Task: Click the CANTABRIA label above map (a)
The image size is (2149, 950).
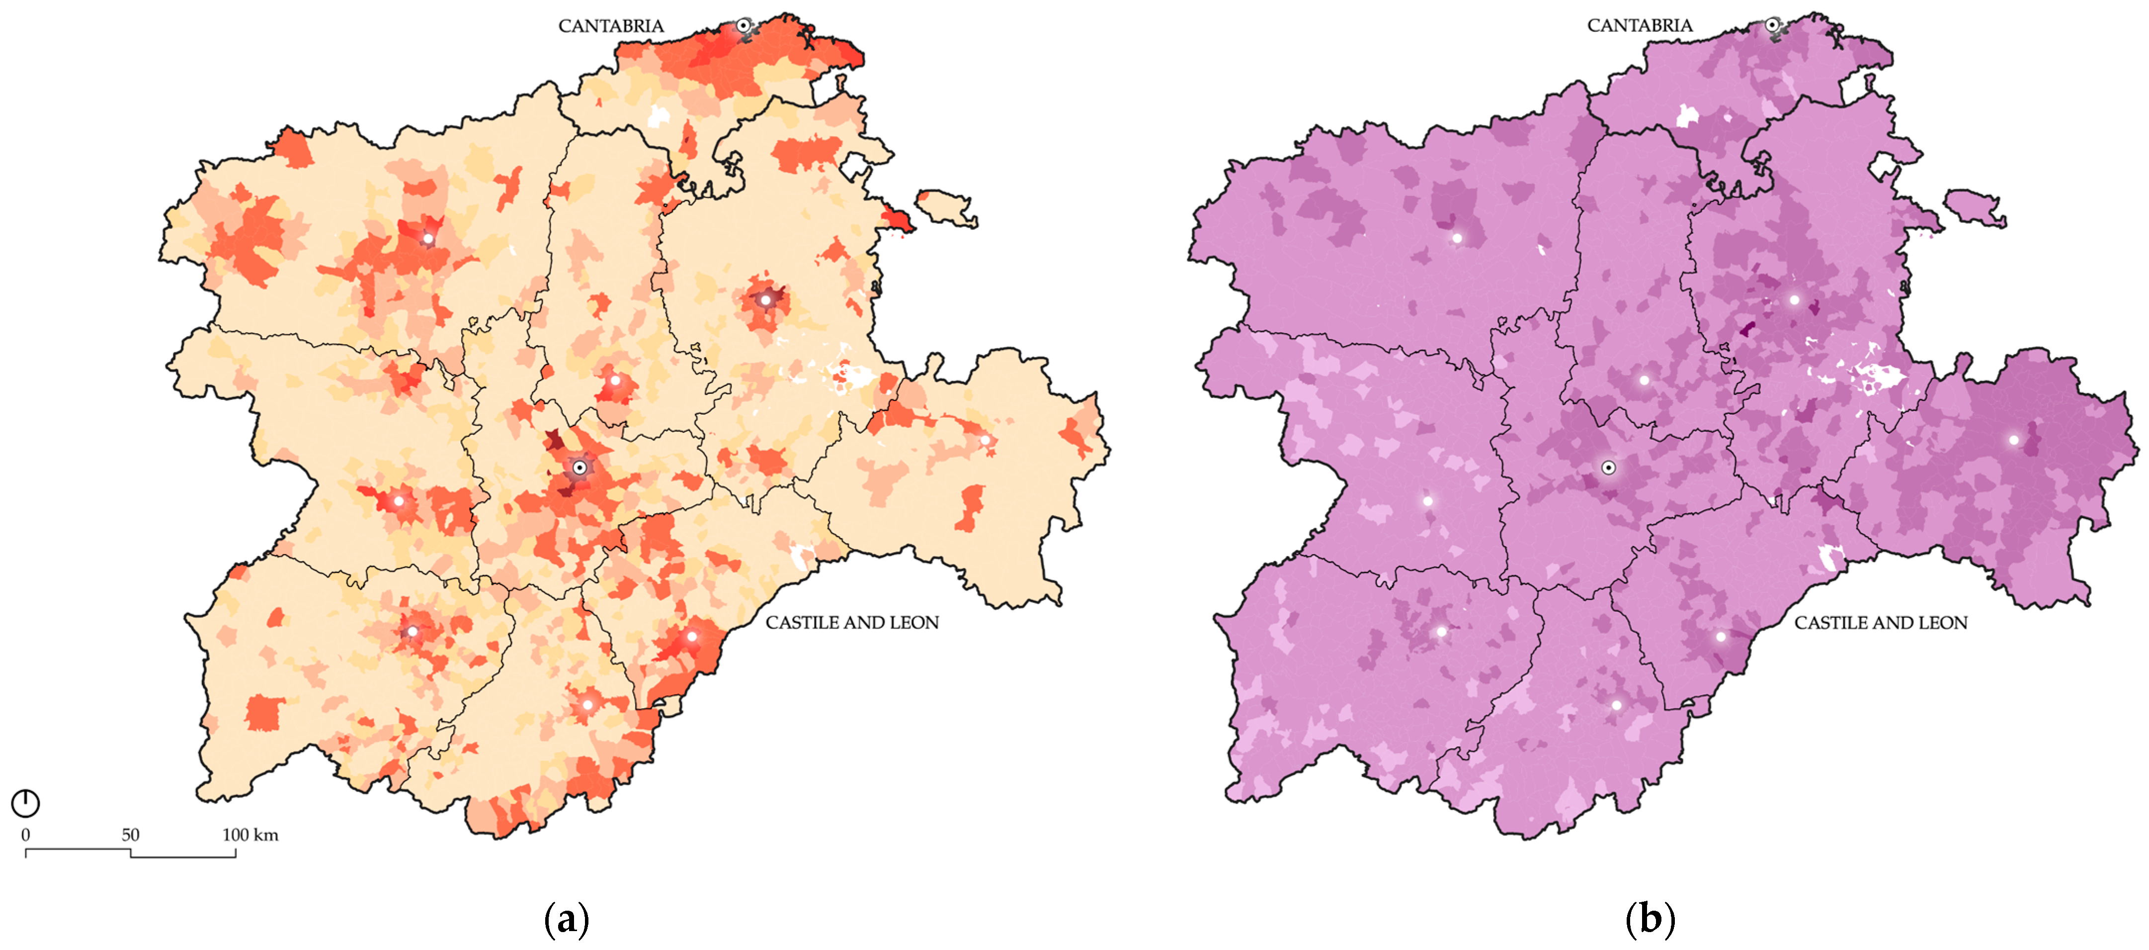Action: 611,26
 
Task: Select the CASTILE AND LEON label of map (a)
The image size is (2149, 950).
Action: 852,623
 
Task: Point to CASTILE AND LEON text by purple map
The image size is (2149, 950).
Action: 1881,623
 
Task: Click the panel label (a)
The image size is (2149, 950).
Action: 567,919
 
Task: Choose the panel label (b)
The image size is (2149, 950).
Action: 1650,919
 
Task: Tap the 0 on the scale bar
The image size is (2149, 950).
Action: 26,835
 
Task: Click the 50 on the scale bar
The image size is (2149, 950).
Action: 130,835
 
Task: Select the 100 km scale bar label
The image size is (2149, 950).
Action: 249,835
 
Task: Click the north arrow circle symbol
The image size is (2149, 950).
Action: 26,803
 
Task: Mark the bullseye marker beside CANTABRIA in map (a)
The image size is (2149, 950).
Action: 743,26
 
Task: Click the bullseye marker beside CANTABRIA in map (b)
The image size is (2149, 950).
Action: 1771,26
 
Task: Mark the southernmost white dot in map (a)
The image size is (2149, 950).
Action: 587,705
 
